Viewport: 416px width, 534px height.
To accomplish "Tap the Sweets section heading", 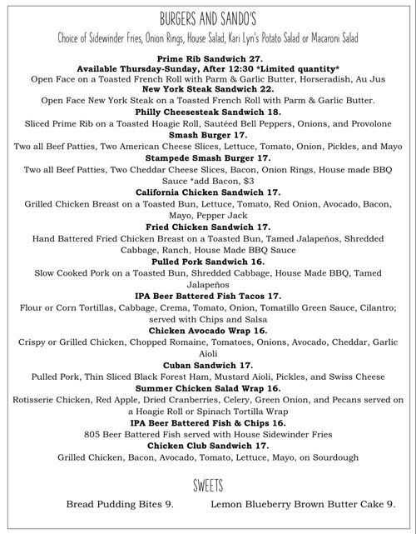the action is point(208,485).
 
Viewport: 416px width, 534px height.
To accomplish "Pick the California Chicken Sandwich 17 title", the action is point(208,192).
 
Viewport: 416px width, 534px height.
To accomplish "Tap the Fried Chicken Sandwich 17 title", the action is point(208,226).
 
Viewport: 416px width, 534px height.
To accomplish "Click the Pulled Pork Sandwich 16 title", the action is point(208,261).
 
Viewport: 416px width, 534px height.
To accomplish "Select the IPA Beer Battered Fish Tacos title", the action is point(208,295).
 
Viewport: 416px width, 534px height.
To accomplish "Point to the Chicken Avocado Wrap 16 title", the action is point(208,330).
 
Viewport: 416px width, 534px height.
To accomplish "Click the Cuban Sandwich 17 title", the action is point(208,365).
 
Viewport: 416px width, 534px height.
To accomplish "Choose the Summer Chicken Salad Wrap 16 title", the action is point(208,388).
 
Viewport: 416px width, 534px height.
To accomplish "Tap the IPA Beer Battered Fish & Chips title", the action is point(208,422).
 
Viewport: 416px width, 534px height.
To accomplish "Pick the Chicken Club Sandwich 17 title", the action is point(208,446).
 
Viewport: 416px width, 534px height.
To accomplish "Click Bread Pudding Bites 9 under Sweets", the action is point(121,504).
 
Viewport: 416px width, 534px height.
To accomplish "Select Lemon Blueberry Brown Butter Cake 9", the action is point(303,504).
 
